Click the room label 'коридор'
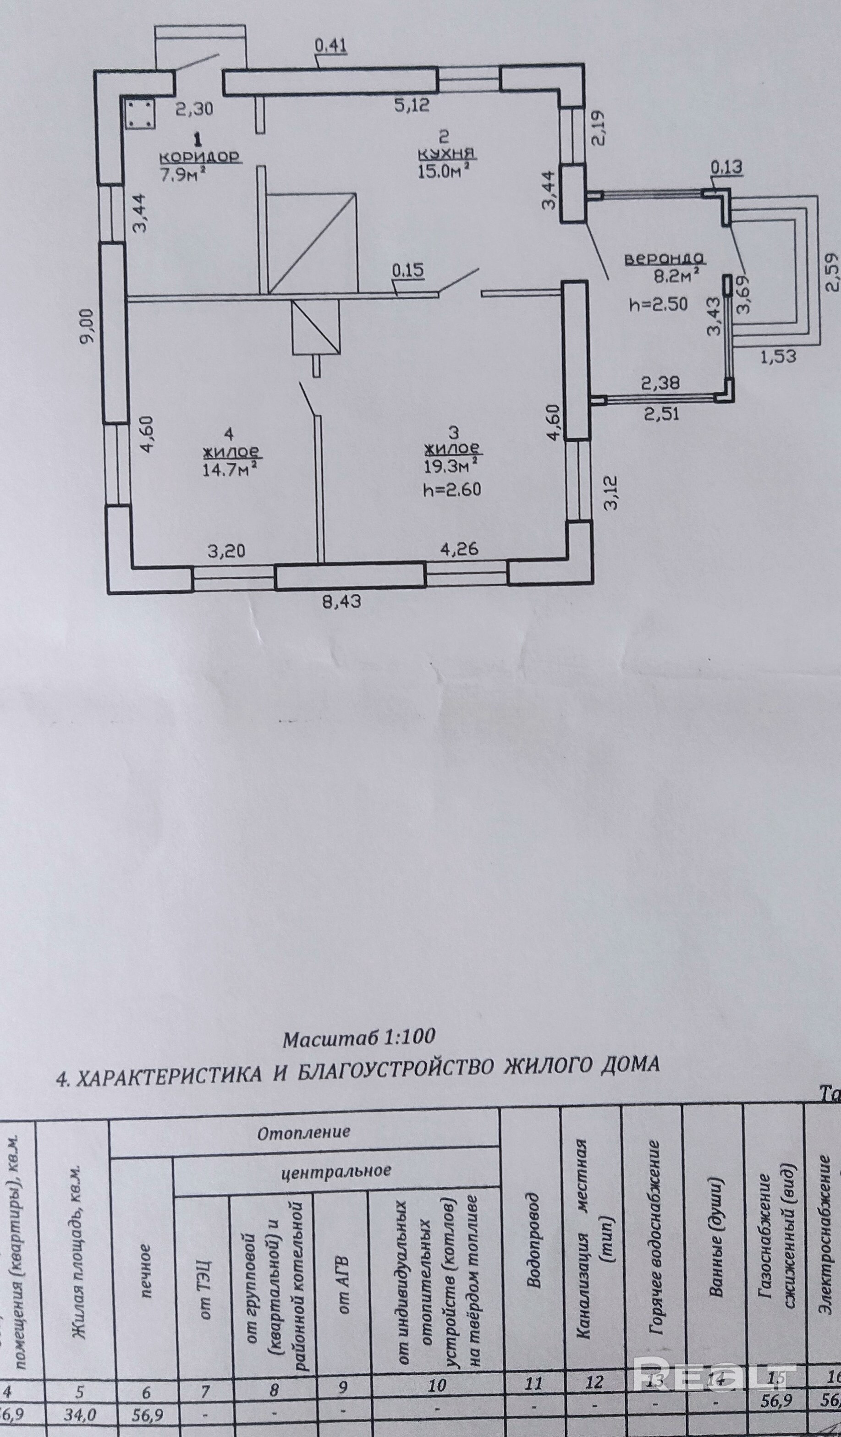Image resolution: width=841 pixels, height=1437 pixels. point(199,156)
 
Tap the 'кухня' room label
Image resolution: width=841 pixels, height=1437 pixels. point(446,154)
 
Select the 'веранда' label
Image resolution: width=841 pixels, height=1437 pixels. point(665,259)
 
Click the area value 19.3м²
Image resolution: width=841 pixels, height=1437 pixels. point(450,466)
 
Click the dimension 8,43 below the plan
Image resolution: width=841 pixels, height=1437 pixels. point(341,601)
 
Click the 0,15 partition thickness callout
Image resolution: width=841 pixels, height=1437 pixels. point(408,270)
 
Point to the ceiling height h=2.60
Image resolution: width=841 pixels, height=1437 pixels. point(451,489)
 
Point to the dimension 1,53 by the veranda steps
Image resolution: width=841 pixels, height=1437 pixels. point(777,357)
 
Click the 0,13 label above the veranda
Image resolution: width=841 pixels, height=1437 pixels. point(726,168)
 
